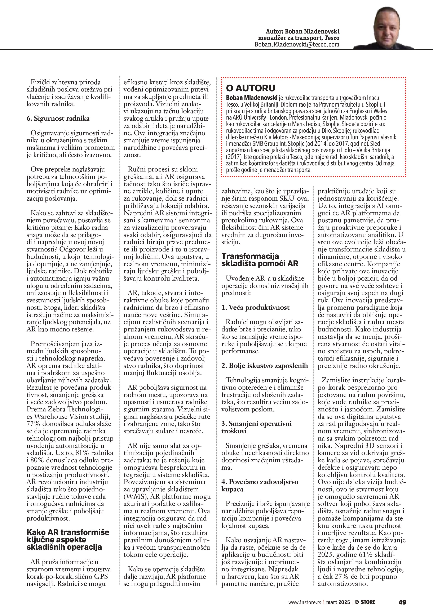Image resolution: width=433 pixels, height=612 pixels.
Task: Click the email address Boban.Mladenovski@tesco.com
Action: [x=297, y=45]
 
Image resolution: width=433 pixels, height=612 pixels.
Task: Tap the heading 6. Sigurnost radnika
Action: [x=58, y=119]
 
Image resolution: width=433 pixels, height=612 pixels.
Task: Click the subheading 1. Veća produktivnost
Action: [x=255, y=307]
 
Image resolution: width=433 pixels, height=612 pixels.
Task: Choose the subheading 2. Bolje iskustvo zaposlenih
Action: [x=265, y=365]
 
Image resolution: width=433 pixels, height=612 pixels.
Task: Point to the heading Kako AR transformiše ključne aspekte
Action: [x=68, y=540]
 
